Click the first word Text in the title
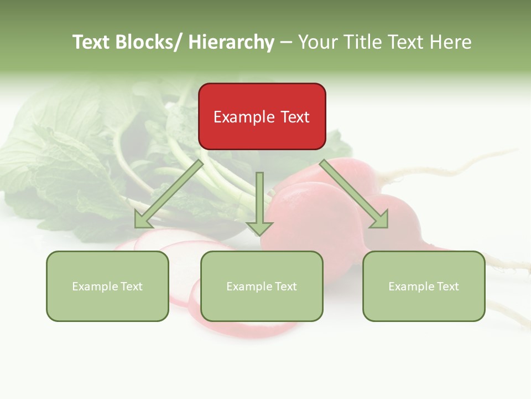[x=92, y=42]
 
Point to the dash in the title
[x=286, y=43]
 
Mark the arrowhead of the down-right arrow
[x=379, y=219]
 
